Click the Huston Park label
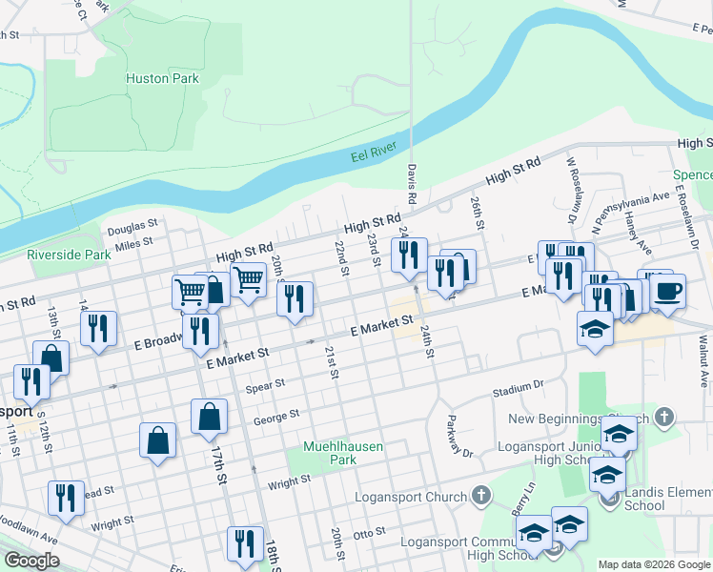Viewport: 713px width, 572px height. point(162,78)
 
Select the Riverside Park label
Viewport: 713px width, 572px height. point(69,255)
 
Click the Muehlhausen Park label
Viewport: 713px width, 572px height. point(329,452)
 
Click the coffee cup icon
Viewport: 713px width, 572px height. point(667,290)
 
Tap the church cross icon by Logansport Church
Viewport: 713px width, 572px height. point(482,496)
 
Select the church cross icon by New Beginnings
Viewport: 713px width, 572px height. point(665,417)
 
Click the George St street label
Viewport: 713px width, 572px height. point(276,417)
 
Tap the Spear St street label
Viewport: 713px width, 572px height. point(266,385)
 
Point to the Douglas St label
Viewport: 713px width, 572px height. point(132,227)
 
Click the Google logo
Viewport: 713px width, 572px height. point(31,561)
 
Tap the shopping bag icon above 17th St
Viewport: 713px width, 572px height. point(209,416)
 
